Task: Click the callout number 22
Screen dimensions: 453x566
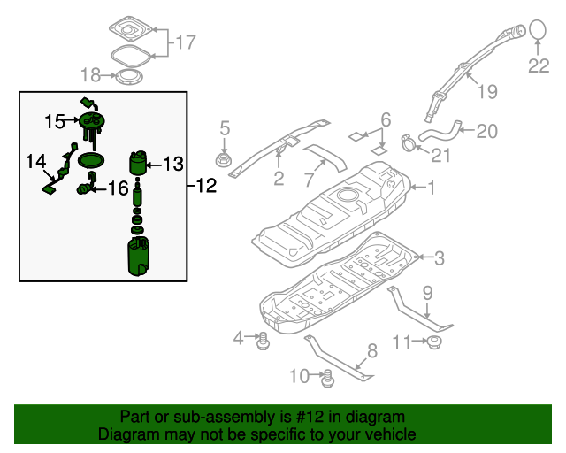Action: click(x=539, y=65)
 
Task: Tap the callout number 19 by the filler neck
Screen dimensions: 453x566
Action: click(x=487, y=91)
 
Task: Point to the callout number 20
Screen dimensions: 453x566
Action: click(x=487, y=132)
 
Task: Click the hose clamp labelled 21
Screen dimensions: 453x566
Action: click(x=409, y=141)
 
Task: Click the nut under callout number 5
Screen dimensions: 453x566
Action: click(x=225, y=160)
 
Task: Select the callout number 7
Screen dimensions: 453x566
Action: click(x=309, y=180)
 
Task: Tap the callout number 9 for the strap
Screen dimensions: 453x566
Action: click(x=426, y=291)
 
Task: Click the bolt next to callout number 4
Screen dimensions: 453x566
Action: click(x=263, y=339)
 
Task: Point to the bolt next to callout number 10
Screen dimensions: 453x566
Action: click(x=328, y=379)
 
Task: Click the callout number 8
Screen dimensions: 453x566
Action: click(x=371, y=350)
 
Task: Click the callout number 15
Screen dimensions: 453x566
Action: click(x=55, y=120)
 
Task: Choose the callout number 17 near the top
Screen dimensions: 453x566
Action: click(x=185, y=42)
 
